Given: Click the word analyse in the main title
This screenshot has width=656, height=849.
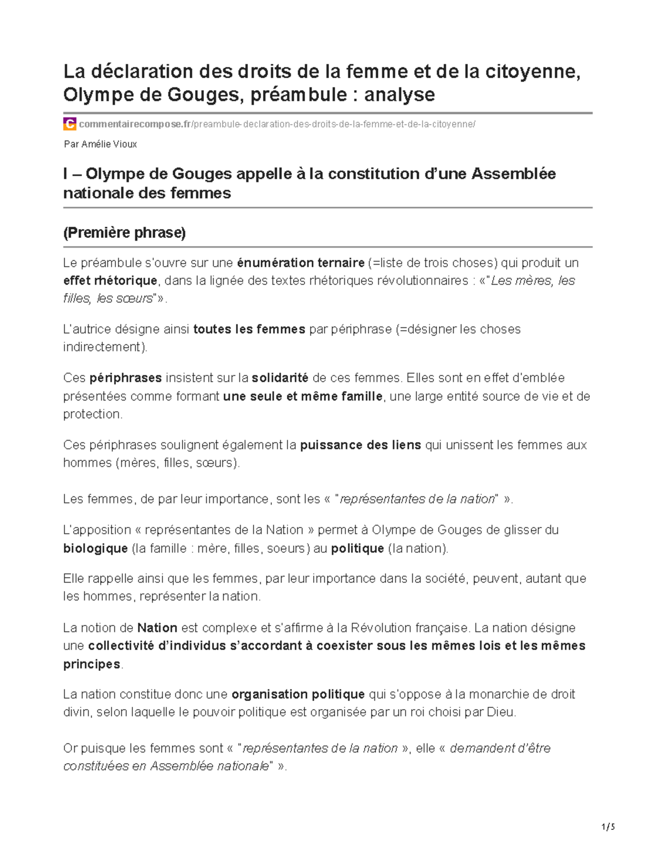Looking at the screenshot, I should pos(399,95).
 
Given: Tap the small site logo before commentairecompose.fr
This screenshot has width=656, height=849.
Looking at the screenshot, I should pos(69,124).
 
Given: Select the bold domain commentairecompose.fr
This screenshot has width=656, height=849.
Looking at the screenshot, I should pos(135,124).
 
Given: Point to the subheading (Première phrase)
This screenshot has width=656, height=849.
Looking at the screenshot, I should pos(125,233).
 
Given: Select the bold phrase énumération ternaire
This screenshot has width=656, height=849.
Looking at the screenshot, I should pos(301,263).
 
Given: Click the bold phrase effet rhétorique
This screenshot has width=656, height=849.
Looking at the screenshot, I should pos(110,281).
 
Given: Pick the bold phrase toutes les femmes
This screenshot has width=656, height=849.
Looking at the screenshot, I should pos(249,330).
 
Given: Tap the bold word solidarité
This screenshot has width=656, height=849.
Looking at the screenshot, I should pos(280,378).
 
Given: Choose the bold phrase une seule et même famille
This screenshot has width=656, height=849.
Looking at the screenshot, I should pos(303,396).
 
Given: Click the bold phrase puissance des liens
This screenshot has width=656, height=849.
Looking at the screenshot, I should pos(361,445).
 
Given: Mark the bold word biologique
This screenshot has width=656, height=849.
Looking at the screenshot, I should pos(96,548).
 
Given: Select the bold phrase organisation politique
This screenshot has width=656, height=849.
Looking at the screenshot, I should pos(298,694).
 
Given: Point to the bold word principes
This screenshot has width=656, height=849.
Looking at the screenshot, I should pos(91,664).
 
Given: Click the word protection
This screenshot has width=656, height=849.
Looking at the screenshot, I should pos(91,414).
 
